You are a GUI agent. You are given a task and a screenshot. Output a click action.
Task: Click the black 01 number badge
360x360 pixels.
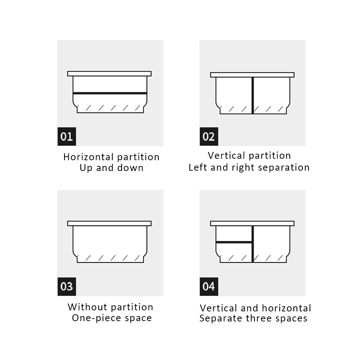coord(67,136)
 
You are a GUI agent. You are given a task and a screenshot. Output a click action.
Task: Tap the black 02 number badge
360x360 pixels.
coord(209,136)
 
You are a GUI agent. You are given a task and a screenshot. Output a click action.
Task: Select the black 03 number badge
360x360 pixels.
coord(67,287)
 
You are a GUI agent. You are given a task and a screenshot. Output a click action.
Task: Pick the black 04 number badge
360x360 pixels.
coord(209,287)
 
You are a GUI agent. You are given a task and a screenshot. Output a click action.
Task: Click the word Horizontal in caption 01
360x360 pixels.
coord(89,157)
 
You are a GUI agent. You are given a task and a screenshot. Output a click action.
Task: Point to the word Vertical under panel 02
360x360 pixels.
coord(226,156)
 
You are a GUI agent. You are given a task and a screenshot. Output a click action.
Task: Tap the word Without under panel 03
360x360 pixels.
coord(87,307)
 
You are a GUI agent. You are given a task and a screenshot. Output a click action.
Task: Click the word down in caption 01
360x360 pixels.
coord(130,168)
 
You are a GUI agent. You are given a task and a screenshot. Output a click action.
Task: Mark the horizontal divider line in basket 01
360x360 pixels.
coord(110,93)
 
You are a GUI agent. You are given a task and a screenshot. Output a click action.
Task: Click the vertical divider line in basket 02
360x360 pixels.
coord(253,95)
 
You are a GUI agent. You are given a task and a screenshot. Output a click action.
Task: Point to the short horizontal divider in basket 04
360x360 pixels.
coord(234,242)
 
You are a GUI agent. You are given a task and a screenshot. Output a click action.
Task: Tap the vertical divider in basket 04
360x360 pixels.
coord(253,244)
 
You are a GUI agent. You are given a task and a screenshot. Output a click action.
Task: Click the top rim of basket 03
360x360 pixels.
coord(109,224)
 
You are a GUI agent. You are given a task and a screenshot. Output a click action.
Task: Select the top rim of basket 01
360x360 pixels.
coord(109,73)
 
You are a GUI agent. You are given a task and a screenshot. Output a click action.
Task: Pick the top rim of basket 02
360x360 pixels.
coord(252,75)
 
